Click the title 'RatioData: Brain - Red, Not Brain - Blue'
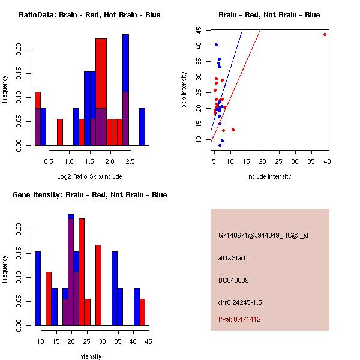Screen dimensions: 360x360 click(89, 14)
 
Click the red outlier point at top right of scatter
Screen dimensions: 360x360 click(325, 34)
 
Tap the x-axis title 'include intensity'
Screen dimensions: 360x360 click(269, 176)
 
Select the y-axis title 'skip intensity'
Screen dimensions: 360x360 click(184, 90)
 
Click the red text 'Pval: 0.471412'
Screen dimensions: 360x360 click(239, 319)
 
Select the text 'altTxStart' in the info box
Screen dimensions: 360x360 click(232, 258)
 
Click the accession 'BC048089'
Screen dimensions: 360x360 click(233, 280)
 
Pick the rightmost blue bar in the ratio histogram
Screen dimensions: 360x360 click(142, 127)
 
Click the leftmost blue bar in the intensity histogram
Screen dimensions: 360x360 click(38, 288)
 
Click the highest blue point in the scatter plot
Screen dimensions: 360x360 click(216, 44)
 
